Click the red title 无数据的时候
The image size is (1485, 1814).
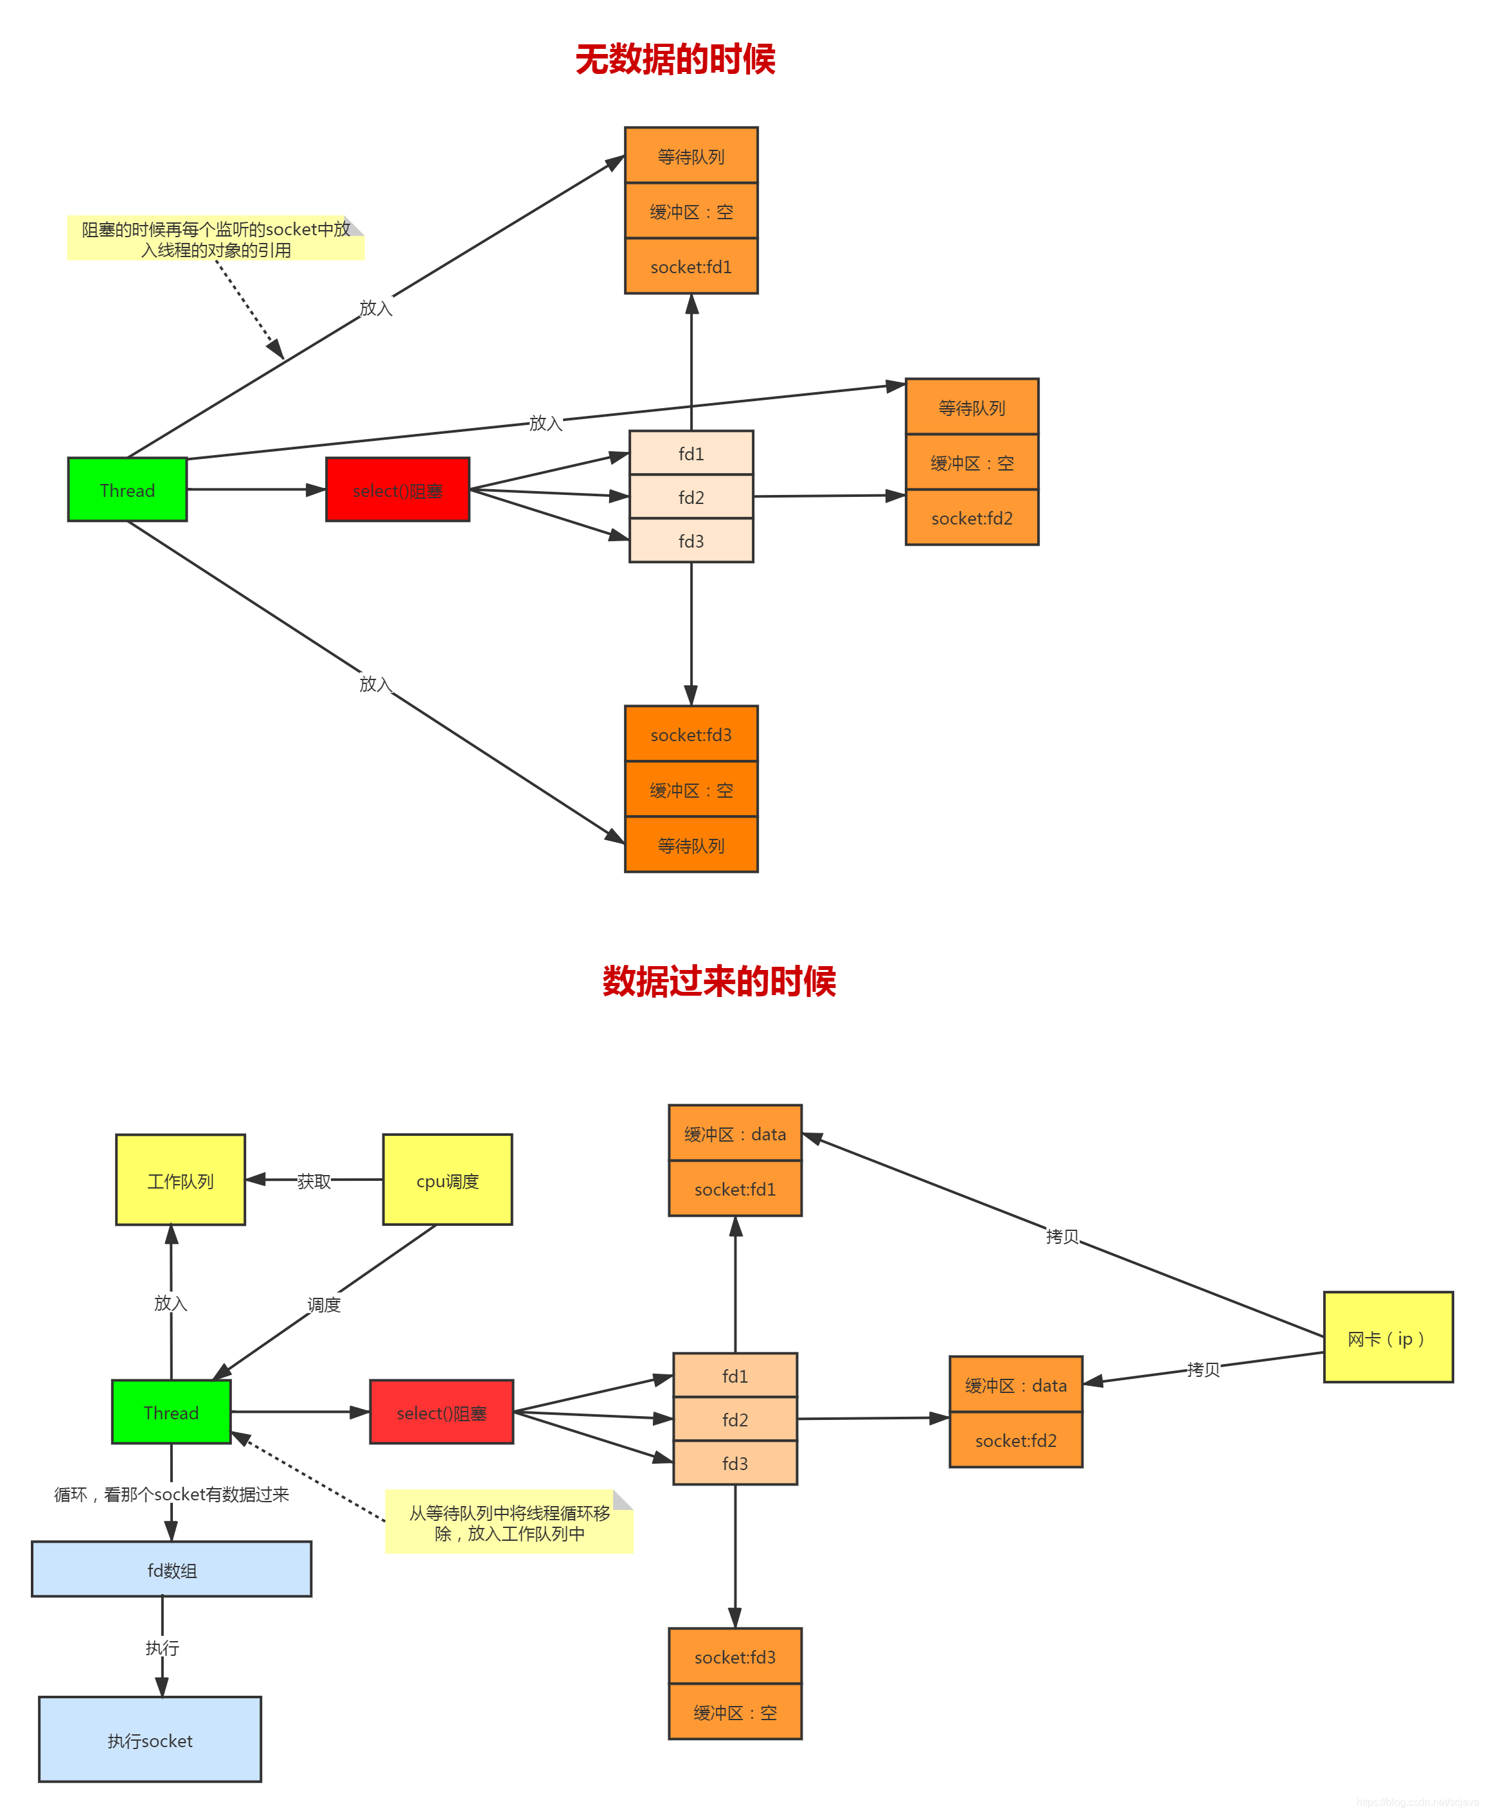click(x=675, y=60)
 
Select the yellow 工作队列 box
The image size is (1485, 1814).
click(x=181, y=1180)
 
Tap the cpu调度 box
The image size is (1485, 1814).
click(x=447, y=1180)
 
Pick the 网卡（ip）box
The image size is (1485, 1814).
click(x=1387, y=1338)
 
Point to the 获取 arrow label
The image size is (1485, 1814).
click(x=314, y=1181)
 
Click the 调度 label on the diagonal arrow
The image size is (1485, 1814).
click(x=325, y=1305)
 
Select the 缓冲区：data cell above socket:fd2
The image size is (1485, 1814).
click(x=1016, y=1385)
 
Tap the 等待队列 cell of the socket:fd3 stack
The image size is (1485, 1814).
click(x=691, y=845)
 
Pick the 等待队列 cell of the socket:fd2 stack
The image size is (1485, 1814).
click(x=972, y=408)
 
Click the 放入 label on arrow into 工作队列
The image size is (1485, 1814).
click(x=171, y=1303)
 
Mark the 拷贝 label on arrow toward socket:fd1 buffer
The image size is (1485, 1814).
click(x=1062, y=1236)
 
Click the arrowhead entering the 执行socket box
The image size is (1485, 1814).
click(x=162, y=1687)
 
